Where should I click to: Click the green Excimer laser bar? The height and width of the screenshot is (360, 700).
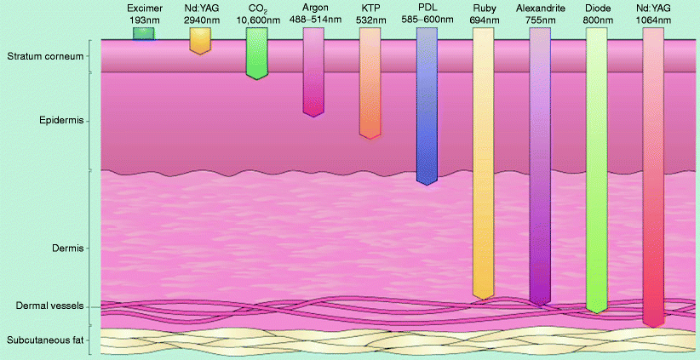click(x=143, y=33)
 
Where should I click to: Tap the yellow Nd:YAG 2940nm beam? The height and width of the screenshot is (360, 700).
click(x=199, y=40)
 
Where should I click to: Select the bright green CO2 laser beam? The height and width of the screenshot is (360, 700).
click(x=257, y=53)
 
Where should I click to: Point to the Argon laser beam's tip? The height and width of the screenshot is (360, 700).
click(x=313, y=113)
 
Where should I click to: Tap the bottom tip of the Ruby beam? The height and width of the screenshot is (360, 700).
click(x=483, y=298)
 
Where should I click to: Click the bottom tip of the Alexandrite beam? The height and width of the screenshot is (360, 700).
click(x=540, y=302)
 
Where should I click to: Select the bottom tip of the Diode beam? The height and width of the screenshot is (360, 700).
click(x=597, y=311)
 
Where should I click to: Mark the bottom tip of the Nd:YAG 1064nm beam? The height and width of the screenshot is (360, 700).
click(x=653, y=325)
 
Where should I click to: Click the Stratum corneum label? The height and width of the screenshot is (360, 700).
click(x=45, y=57)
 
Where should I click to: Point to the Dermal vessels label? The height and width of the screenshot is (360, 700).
click(x=51, y=306)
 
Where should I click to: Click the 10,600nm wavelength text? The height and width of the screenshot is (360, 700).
click(x=257, y=18)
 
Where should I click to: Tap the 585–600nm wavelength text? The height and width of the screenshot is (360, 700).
click(x=427, y=18)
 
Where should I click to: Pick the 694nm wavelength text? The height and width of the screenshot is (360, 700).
click(x=484, y=18)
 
